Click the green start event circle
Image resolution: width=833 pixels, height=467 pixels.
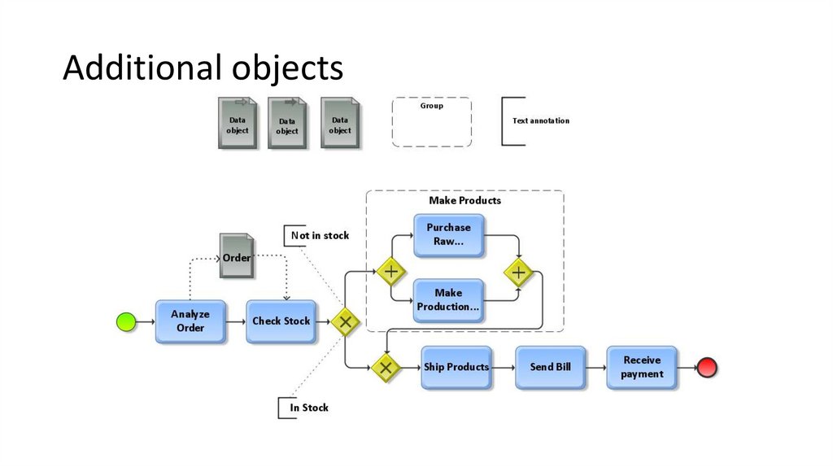pyautogui.click(x=125, y=322)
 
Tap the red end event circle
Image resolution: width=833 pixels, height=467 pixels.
pyautogui.click(x=707, y=368)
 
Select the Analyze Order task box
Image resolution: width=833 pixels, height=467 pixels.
pyautogui.click(x=190, y=321)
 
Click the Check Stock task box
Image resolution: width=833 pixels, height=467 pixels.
pyautogui.click(x=281, y=321)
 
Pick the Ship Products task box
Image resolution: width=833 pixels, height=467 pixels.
pyautogui.click(x=456, y=368)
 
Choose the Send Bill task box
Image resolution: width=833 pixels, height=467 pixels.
pyautogui.click(x=550, y=368)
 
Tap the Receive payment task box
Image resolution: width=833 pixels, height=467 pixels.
pyautogui.click(x=642, y=368)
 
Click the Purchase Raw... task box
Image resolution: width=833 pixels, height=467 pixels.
pyautogui.click(x=448, y=235)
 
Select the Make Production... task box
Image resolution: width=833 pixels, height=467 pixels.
pyautogui.click(x=448, y=300)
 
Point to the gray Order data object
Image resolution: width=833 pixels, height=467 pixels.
pyautogui.click(x=237, y=258)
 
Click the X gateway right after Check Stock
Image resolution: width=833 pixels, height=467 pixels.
pyautogui.click(x=345, y=322)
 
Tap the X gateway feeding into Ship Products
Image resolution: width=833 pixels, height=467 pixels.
pyautogui.click(x=386, y=368)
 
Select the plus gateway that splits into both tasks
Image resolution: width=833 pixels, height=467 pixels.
pyautogui.click(x=390, y=271)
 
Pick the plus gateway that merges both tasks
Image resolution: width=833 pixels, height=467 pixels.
pyautogui.click(x=518, y=272)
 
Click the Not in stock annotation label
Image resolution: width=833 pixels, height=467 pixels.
pyautogui.click(x=320, y=236)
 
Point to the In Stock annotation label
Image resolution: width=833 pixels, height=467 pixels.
pyautogui.click(x=309, y=408)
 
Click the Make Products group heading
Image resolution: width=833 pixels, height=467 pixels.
pyautogui.click(x=464, y=200)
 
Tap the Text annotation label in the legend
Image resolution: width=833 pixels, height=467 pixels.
pyautogui.click(x=540, y=121)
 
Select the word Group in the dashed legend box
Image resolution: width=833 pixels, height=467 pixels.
pyautogui.click(x=431, y=107)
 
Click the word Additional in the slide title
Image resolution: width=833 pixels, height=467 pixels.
pyautogui.click(x=132, y=68)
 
